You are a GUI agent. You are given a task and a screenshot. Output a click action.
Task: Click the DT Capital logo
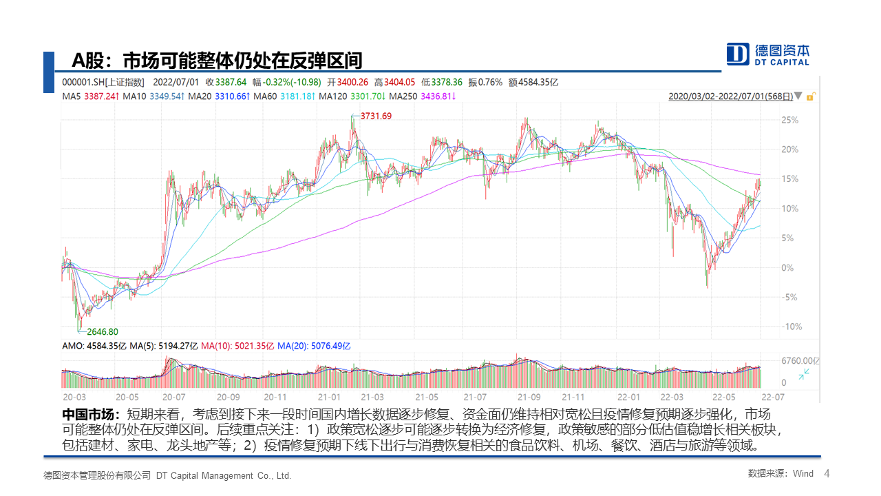pyautogui.click(x=768, y=54)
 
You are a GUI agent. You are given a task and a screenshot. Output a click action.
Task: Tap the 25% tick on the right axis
pyautogui.click(x=790, y=120)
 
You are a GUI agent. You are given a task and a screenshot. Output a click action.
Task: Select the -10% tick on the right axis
pyautogui.click(x=792, y=327)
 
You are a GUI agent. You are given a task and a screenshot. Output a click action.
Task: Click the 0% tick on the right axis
pyautogui.click(x=788, y=267)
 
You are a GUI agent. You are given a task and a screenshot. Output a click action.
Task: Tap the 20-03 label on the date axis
pyautogui.click(x=74, y=397)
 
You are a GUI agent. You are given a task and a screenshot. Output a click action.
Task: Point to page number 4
pyautogui.click(x=827, y=474)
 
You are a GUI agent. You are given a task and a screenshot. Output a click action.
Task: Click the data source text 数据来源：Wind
pyautogui.click(x=780, y=474)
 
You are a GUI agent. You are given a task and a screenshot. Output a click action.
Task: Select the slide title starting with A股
pyautogui.click(x=217, y=61)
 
